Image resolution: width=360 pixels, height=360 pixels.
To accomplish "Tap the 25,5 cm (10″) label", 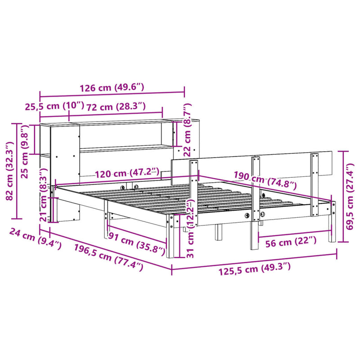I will [x=54, y=106].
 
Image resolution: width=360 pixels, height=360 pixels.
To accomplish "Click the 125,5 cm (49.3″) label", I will [x=255, y=268].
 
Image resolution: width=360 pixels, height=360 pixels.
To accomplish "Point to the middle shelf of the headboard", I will [x=126, y=148].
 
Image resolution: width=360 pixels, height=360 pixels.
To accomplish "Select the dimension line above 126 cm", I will [x=112, y=94].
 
